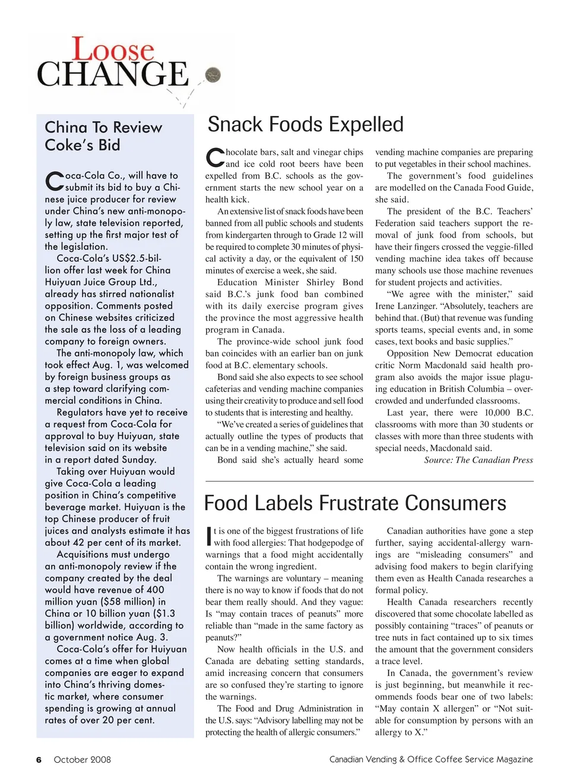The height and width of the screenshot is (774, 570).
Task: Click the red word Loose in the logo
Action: [113, 49]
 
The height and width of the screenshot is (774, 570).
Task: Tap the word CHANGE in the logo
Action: [113, 75]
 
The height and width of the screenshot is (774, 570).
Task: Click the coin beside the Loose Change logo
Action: [213, 75]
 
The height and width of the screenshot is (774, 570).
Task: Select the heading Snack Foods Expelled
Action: [305, 124]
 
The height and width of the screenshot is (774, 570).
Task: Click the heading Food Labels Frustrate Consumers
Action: [355, 504]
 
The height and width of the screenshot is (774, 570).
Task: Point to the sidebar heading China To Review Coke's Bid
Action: [103, 136]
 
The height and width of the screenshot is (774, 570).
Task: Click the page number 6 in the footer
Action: [39, 760]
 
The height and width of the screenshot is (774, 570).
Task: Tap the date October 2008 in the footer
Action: [82, 760]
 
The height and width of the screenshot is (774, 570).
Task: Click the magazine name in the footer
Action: [431, 759]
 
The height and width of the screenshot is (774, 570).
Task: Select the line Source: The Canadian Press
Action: [478, 460]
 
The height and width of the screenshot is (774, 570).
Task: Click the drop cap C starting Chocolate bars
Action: [214, 158]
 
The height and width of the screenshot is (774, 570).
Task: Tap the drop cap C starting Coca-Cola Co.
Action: [54, 182]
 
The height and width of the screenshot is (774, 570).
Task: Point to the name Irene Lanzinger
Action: [406, 306]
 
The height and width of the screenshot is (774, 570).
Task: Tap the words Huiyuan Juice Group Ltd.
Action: [100, 282]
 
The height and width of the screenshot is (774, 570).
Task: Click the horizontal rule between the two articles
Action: [369, 481]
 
